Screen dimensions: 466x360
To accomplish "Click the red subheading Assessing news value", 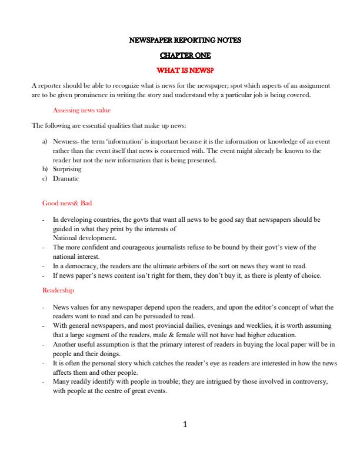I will (x=82, y=110).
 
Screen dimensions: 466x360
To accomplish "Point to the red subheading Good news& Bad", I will (x=67, y=203).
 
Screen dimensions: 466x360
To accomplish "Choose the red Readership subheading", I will (x=58, y=291).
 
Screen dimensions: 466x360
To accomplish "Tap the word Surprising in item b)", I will (x=67, y=169).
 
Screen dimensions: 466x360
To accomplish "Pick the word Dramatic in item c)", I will (x=65, y=178).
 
